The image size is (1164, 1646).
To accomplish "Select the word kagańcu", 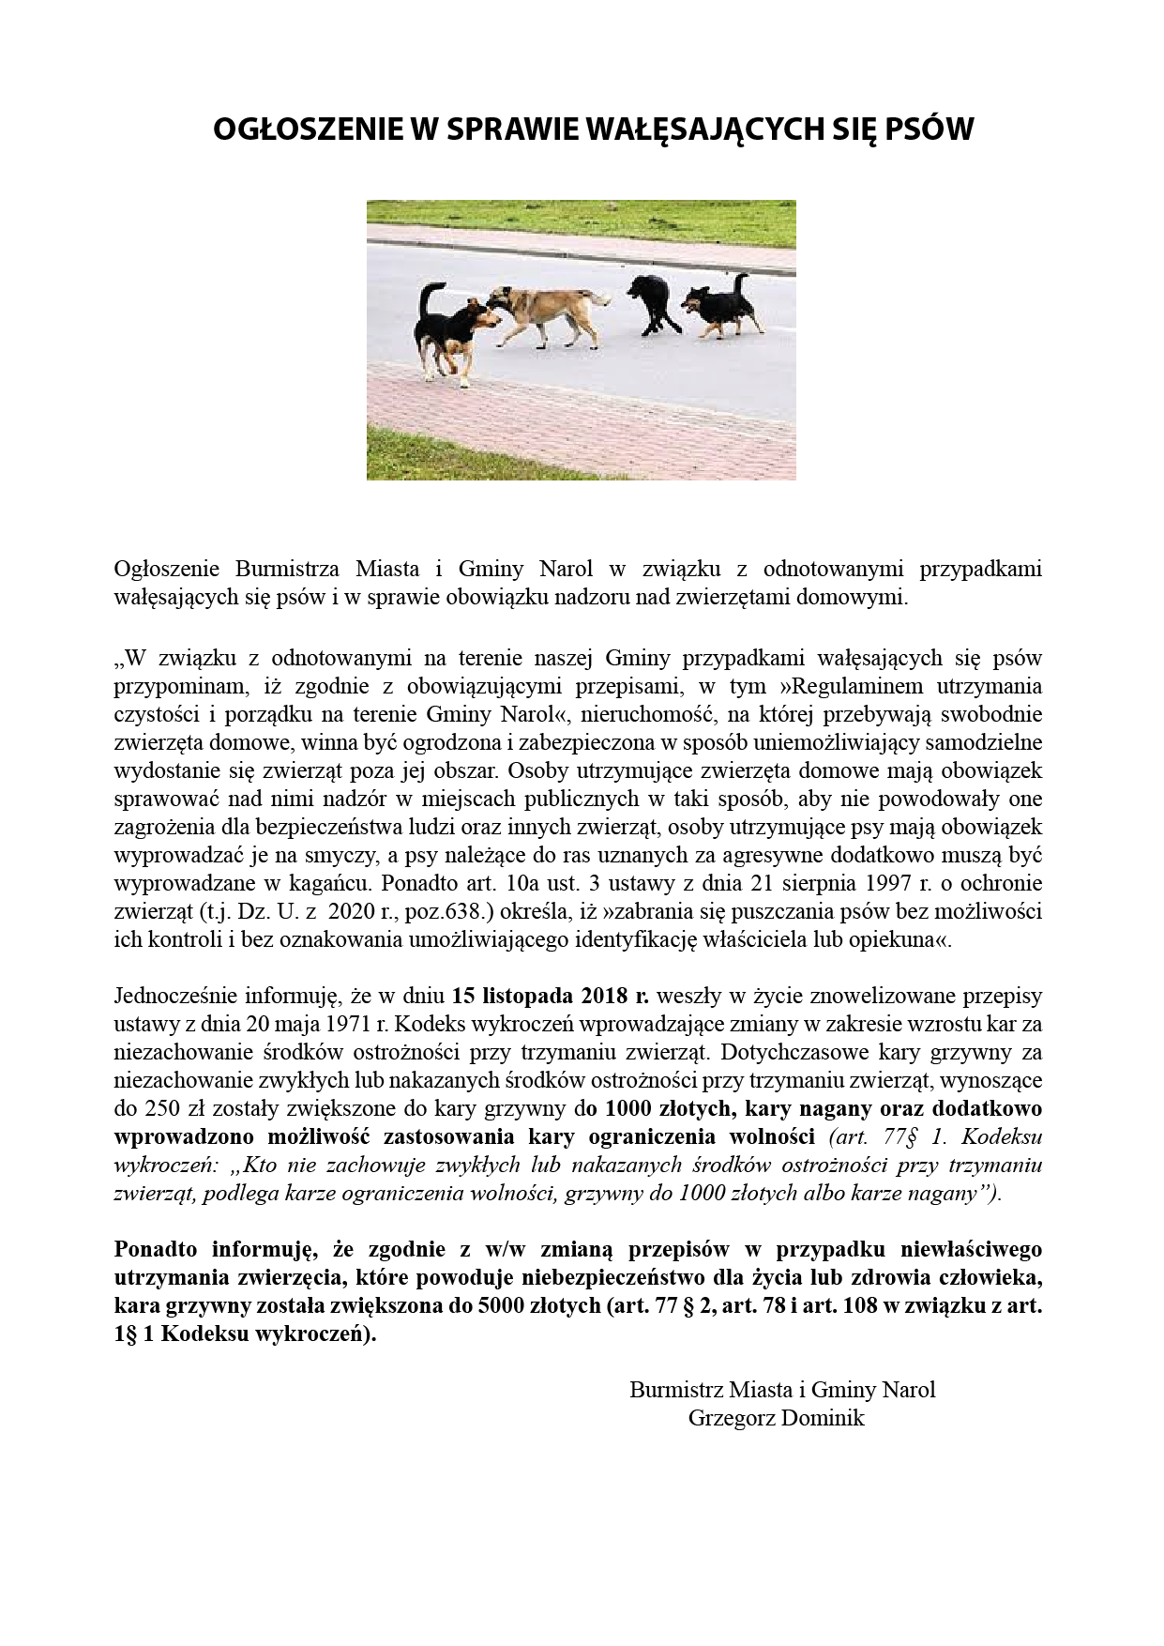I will [x=332, y=883].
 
